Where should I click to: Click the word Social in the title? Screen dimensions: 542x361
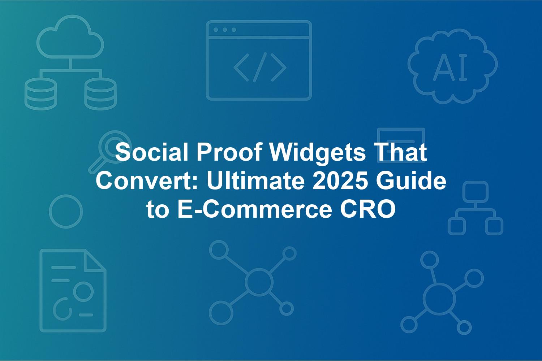tap(152, 152)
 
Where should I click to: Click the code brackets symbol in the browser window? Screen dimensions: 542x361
tap(260, 67)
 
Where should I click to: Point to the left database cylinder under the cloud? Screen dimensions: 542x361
tap(41, 94)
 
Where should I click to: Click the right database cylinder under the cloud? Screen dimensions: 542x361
tap(100, 94)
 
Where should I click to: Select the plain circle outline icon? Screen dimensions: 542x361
tap(66, 212)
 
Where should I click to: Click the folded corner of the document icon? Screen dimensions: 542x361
tap(95, 261)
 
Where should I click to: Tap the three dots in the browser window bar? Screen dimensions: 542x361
tap(225, 30)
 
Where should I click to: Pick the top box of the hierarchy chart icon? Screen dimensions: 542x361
tap(476, 192)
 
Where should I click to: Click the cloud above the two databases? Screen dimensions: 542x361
tap(70, 37)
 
